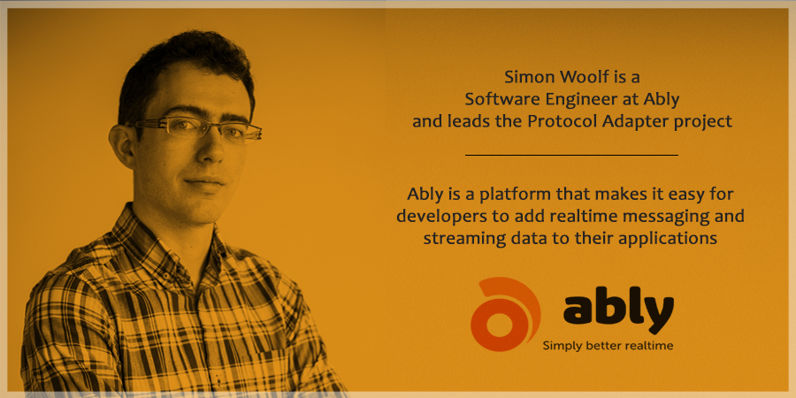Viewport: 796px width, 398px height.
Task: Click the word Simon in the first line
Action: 524,77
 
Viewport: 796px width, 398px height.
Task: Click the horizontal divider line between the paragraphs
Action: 571,155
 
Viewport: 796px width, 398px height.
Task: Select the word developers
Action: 435,217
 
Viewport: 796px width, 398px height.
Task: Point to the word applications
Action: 677,239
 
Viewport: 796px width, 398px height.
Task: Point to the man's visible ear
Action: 122,145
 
